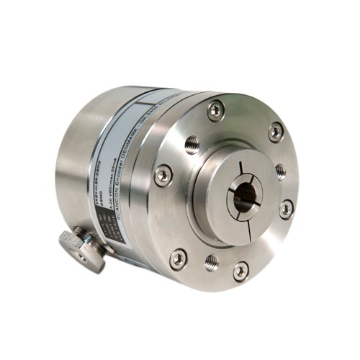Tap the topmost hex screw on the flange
point(215,109)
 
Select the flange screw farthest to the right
point(286,210)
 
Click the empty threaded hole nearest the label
point(190,145)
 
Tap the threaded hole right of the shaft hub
point(280,171)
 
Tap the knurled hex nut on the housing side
point(82,248)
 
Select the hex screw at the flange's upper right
point(276,132)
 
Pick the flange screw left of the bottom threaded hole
point(178,258)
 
